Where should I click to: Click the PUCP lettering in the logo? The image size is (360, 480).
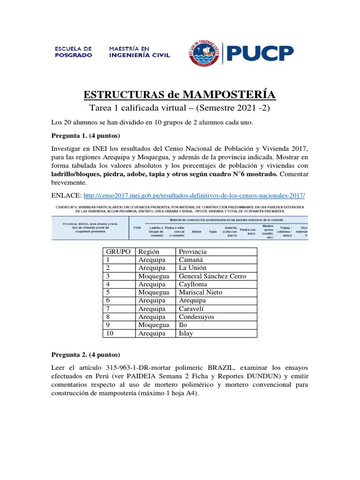[x=261, y=53]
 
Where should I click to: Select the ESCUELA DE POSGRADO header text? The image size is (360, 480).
[x=74, y=52]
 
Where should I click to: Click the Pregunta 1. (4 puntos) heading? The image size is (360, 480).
[x=86, y=136]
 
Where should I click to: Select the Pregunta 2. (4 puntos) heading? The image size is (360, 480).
[x=86, y=354]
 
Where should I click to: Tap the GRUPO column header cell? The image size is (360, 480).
[x=118, y=252]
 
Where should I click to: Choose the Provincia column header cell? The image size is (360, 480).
[x=193, y=252]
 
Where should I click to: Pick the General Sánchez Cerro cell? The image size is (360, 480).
[x=212, y=276]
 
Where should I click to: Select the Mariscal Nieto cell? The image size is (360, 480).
[x=200, y=292]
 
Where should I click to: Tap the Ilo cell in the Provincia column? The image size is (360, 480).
[x=183, y=325]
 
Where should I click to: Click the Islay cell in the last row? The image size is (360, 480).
[x=186, y=333]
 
